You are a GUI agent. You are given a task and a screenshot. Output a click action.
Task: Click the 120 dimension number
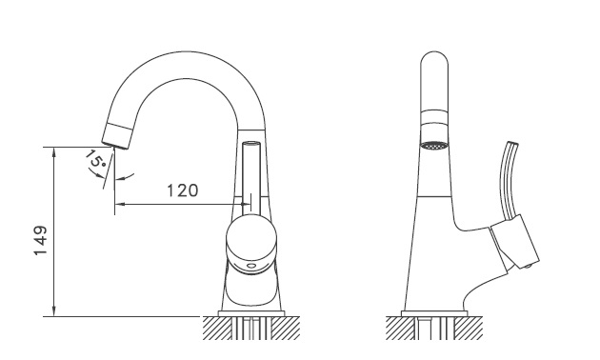183,190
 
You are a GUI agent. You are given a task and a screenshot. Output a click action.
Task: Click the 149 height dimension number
41,241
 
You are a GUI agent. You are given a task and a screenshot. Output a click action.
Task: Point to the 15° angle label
94,160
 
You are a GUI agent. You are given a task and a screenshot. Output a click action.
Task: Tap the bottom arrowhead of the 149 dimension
54,311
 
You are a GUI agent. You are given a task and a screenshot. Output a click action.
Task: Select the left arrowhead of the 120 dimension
120,204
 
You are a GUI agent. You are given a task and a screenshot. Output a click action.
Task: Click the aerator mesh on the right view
433,145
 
